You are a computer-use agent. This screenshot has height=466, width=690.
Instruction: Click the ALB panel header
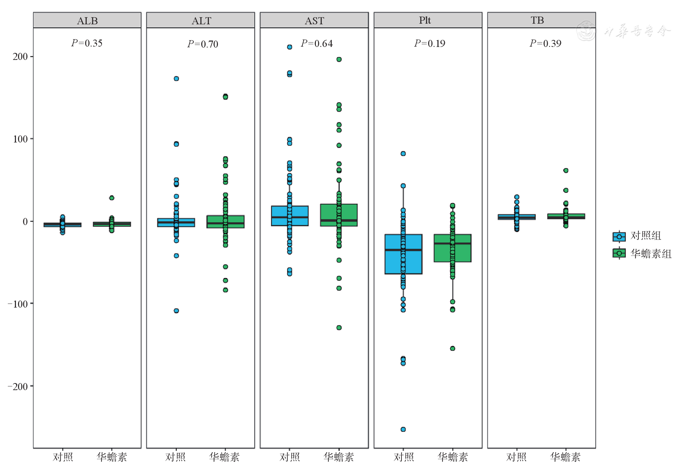(87, 21)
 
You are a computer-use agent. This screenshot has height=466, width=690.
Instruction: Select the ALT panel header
(201, 21)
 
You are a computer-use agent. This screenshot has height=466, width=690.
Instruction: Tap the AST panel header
(314, 21)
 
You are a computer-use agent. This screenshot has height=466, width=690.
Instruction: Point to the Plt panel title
(425, 20)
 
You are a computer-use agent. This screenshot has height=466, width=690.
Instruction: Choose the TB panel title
(537, 20)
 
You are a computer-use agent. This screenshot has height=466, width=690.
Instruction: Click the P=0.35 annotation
(87, 43)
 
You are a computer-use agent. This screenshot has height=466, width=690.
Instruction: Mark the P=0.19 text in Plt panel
(429, 44)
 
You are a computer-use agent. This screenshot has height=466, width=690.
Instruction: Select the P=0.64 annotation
(317, 44)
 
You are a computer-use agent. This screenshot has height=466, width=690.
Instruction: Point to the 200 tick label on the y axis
(20, 57)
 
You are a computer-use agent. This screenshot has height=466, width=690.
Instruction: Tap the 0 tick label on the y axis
(25, 221)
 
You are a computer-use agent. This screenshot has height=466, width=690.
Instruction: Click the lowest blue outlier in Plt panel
(403, 429)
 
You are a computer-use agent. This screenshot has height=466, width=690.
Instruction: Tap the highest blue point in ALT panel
(176, 79)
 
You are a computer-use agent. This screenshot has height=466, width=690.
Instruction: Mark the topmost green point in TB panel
(566, 170)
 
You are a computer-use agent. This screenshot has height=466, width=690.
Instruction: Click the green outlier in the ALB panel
(112, 198)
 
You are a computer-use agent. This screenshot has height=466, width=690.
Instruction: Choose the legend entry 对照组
(637, 236)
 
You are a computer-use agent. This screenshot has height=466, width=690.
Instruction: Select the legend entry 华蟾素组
(642, 254)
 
